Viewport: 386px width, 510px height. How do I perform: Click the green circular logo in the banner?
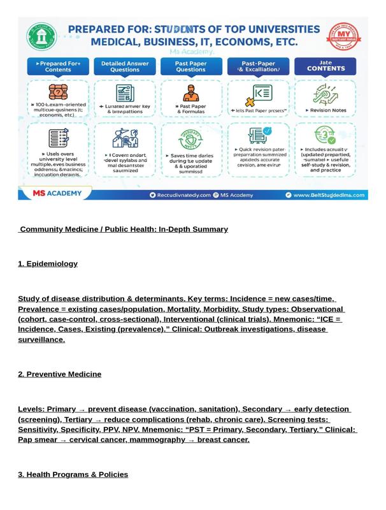coord(41,37)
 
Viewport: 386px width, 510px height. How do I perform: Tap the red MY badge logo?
coord(343,37)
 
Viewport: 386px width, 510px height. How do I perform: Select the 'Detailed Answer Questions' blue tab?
coord(125,66)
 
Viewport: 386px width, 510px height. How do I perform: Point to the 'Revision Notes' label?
coord(326,110)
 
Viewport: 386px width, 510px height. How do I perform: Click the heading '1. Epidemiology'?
coord(48,264)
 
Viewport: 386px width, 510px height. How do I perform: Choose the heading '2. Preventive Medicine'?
coord(59,374)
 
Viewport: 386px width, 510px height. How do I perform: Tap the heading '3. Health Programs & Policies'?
coord(73,475)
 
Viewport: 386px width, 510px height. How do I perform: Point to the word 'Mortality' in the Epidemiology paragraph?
coord(185,309)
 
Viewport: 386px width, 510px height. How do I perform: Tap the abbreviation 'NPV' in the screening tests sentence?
coord(129,430)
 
